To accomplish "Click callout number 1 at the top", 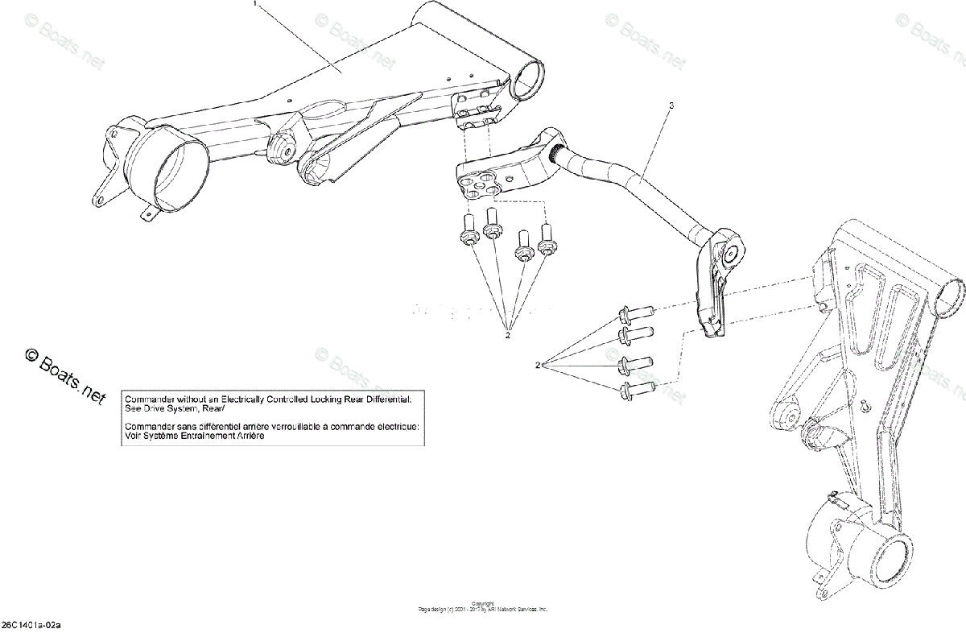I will point(255,4).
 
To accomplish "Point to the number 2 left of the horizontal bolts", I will point(537,366).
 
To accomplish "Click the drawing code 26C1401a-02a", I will point(31,625).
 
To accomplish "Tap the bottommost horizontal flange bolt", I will point(636,392).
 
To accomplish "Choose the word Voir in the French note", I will point(133,435).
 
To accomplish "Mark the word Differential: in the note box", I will point(387,399).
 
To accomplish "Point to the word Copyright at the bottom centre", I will point(482,604).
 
